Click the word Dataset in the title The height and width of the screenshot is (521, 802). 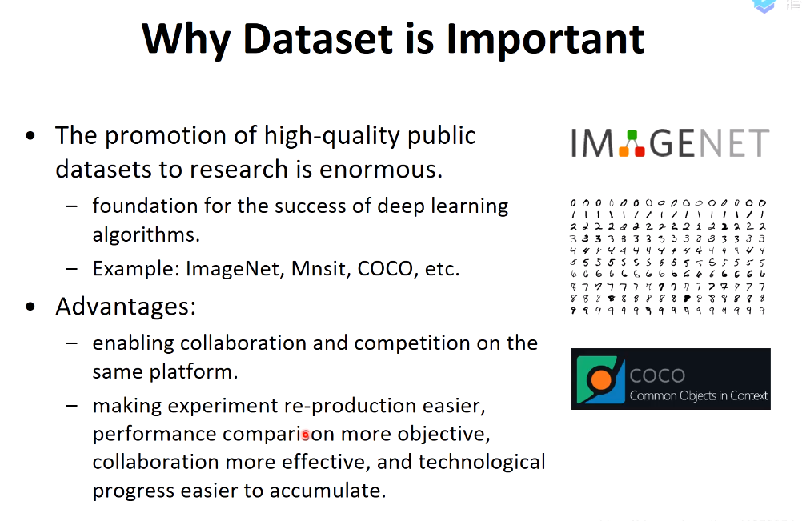tap(318, 38)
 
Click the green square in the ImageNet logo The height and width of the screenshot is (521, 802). tap(632, 135)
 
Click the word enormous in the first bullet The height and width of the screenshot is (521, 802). tap(380, 170)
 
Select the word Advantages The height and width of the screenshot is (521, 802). tap(126, 307)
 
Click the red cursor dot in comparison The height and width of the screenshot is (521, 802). tap(306, 435)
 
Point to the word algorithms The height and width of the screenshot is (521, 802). tap(146, 235)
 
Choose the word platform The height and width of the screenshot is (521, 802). tap(194, 371)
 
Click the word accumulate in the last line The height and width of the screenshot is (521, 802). tap(327, 491)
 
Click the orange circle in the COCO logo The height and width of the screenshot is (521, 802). tap(601, 379)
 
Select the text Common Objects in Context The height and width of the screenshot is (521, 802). tap(699, 395)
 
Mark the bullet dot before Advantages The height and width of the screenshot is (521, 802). tap(30, 307)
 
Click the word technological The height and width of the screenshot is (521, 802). tap(482, 463)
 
